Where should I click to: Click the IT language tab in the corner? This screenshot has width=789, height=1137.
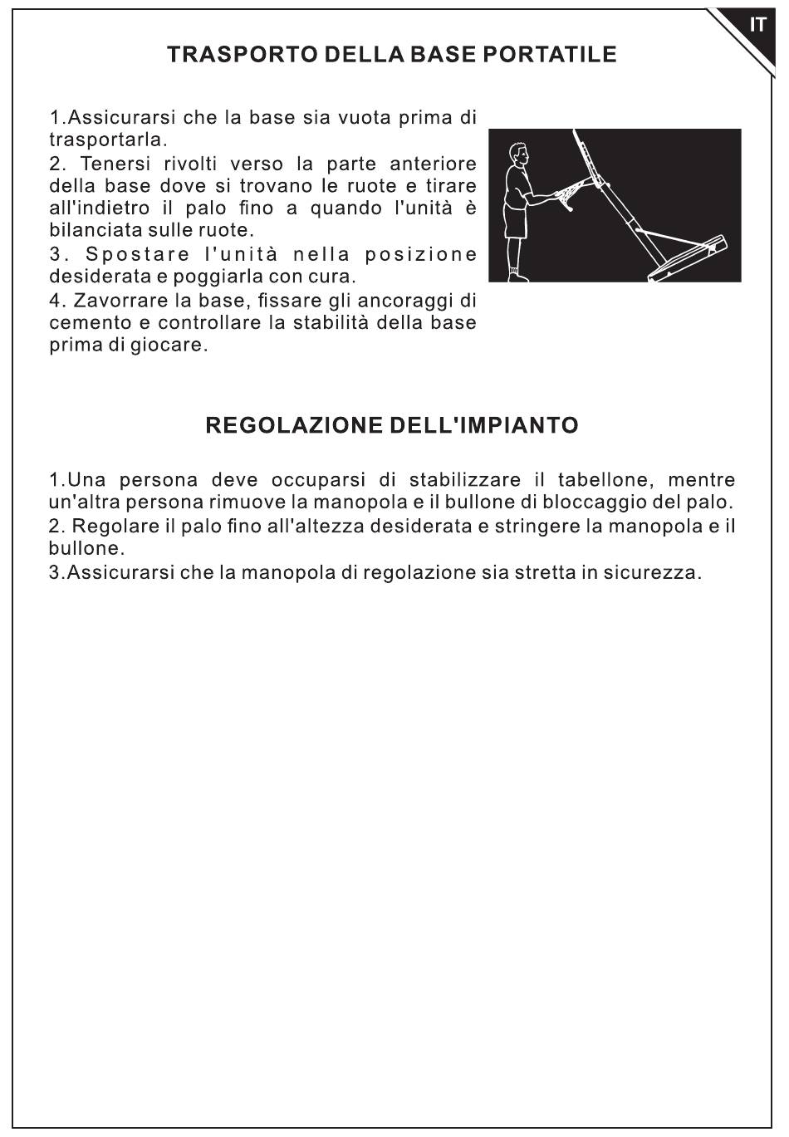(x=757, y=25)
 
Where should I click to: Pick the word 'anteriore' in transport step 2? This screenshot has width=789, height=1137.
(x=433, y=164)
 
